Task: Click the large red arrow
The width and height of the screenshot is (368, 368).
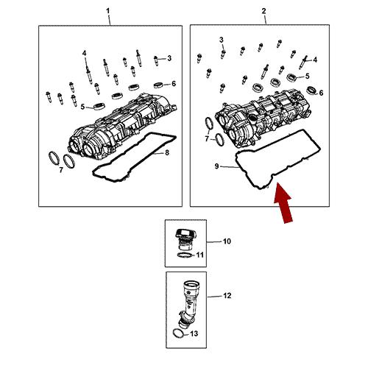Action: (283, 203)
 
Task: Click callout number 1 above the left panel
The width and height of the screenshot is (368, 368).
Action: (107, 11)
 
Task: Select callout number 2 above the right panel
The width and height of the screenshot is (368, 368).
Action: (263, 11)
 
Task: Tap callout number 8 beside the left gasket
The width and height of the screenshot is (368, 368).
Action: (167, 152)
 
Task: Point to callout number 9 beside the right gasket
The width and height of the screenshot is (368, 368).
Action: (216, 166)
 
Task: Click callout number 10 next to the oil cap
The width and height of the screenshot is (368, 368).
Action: (227, 241)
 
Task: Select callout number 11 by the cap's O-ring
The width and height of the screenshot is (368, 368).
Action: (200, 255)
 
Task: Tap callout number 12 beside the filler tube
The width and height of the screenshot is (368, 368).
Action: (227, 296)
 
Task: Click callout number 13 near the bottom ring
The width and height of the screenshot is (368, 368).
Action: (194, 333)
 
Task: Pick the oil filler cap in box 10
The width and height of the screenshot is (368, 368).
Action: (183, 238)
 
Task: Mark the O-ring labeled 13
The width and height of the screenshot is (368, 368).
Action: (178, 333)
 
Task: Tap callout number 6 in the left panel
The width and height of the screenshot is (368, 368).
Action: (174, 84)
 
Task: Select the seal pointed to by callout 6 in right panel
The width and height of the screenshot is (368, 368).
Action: (311, 91)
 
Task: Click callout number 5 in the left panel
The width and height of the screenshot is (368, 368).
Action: (82, 107)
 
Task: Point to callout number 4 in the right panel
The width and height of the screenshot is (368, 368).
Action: (315, 60)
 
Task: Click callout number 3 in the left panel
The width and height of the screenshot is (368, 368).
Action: (169, 58)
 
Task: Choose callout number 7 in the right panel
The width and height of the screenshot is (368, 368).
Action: (207, 139)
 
